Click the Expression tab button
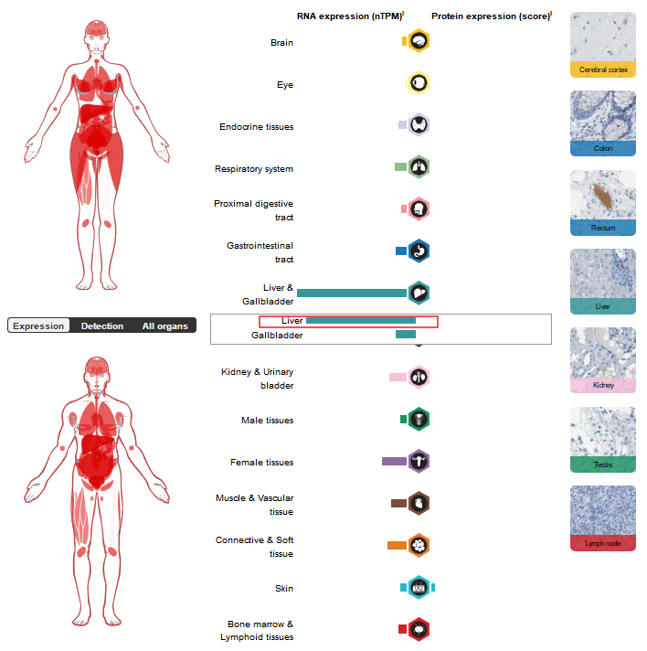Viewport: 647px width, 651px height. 38,325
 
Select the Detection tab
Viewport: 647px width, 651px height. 101,325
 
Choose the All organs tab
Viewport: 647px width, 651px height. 164,325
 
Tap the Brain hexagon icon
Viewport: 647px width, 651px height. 419,41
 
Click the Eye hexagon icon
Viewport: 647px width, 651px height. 419,83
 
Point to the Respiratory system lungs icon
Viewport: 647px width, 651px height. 419,166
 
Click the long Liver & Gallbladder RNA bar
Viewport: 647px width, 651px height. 352,293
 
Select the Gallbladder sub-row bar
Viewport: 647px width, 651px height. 406,335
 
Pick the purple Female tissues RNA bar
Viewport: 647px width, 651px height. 394,462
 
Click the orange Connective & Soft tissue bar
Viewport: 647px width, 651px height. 397,545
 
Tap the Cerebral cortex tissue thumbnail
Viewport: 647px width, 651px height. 603,44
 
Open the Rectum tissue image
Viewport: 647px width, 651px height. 603,202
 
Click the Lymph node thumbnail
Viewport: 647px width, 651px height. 603,518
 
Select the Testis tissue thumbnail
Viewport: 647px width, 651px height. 603,439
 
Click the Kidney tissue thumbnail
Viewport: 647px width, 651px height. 603,359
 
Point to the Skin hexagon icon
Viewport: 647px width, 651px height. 419,587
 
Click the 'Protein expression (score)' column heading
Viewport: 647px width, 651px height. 491,16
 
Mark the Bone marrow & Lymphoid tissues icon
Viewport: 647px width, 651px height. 419,629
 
